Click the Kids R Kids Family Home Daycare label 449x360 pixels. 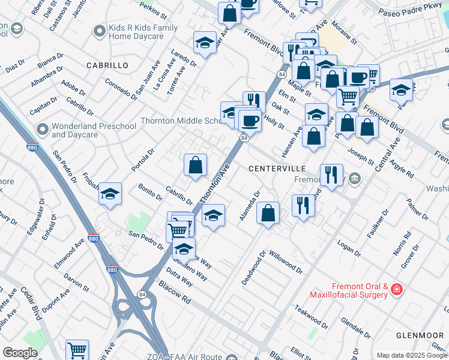tap(143, 32)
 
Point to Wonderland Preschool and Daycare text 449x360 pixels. tap(93, 131)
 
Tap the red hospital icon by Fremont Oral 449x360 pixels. tap(396, 290)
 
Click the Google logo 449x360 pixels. tap(20, 353)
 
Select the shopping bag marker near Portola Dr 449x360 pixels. tap(195, 165)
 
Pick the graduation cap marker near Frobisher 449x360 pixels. tap(110, 194)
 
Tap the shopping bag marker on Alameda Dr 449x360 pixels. tap(268, 213)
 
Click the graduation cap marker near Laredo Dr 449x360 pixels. tap(205, 43)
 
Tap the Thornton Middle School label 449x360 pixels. tap(180, 121)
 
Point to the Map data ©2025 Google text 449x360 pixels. tap(412, 355)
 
